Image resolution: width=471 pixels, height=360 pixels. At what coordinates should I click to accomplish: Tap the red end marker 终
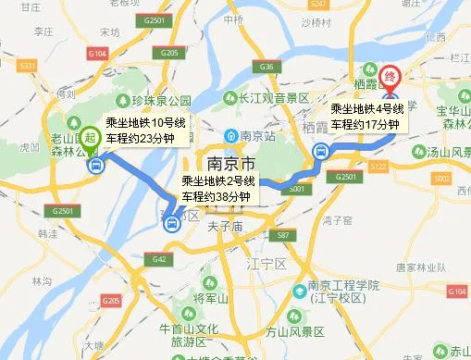(x=390, y=75)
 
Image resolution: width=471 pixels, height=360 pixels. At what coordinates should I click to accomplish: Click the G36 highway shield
(x=268, y=67)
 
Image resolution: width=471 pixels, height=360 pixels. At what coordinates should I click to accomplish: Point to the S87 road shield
(x=284, y=236)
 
